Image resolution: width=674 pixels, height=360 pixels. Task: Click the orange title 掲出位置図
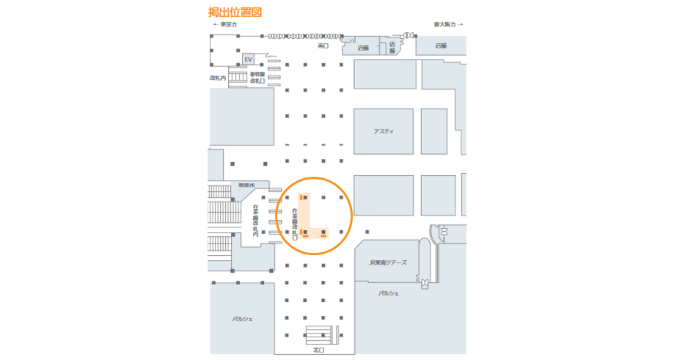point(235,12)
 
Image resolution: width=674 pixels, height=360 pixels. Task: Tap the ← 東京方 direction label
point(225,24)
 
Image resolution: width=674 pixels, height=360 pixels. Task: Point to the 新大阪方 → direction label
point(448,24)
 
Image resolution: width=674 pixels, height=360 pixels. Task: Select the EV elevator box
point(248,59)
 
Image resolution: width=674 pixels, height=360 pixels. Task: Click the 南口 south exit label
point(323,45)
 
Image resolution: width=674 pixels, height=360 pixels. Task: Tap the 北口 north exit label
point(318,350)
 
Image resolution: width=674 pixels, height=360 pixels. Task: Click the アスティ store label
point(384,131)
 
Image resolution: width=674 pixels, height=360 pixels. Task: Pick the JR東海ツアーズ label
point(387,262)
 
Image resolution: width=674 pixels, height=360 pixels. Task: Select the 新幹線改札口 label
point(257,77)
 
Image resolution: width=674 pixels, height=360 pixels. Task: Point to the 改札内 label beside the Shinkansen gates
point(218,77)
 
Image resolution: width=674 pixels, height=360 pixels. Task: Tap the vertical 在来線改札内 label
point(256,221)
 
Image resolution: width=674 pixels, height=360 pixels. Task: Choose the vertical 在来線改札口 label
point(295,224)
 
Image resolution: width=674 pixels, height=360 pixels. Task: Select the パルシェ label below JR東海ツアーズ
point(389,293)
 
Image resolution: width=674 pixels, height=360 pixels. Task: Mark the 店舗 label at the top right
point(440,45)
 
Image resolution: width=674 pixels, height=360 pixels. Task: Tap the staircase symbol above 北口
point(320,335)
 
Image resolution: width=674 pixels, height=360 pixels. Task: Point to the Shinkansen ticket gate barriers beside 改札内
point(238,77)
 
